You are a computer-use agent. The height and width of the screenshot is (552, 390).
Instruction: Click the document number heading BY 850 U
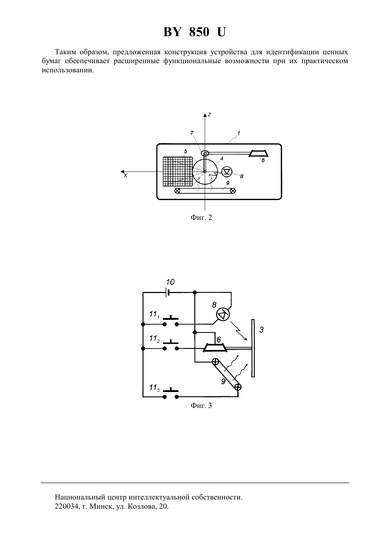(x=194, y=32)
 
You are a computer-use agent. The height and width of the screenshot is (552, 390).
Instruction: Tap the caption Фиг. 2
(x=201, y=217)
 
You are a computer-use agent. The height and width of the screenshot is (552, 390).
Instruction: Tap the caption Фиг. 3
(x=201, y=405)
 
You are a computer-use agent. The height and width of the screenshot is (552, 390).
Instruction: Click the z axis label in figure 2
(x=209, y=115)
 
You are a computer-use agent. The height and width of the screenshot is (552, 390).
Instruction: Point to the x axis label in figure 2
(x=126, y=176)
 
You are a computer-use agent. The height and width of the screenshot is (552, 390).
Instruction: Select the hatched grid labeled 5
(x=178, y=171)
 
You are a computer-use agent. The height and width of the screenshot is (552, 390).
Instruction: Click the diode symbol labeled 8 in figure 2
(x=227, y=171)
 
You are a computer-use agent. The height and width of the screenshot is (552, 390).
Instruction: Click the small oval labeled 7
(x=205, y=153)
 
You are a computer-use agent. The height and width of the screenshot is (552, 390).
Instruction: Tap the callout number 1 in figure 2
(x=238, y=133)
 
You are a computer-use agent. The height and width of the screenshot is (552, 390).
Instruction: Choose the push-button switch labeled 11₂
(x=171, y=346)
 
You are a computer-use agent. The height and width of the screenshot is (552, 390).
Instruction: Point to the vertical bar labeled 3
(x=253, y=348)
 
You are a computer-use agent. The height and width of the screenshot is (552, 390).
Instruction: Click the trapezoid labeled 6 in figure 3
(x=215, y=348)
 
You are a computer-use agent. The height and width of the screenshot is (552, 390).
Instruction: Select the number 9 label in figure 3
(x=223, y=381)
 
